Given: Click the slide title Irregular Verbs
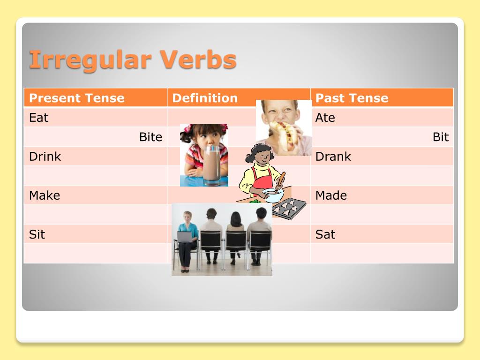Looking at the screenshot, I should pos(133,60).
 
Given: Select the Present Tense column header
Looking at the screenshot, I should pos(76,98).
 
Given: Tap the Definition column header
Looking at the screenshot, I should pos(205,98).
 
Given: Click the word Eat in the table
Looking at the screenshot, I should pos(38,118).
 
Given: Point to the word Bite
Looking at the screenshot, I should pos(150,137).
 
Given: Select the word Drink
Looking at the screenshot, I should pos(45,157).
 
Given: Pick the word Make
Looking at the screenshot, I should pos(45,195).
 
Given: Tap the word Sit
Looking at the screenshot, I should pos(37,234).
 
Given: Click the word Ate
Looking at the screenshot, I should pos(325,118).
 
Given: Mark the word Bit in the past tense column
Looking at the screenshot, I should pos(440,137).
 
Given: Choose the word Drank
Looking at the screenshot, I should pos(333,157).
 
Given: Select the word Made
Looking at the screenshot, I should pos(331,195).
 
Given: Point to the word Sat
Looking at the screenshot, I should pos(325,234).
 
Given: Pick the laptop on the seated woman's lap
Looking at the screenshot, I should pos(184,237).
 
